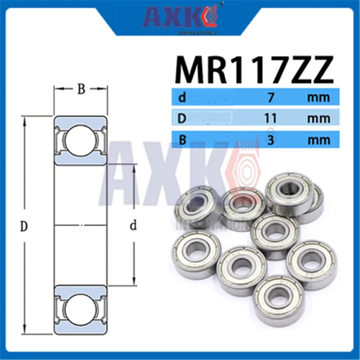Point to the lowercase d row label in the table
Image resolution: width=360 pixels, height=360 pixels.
[x=182, y=97]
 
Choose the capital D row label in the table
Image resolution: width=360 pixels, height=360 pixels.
[x=183, y=118]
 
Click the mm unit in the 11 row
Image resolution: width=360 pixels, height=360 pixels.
[x=319, y=118]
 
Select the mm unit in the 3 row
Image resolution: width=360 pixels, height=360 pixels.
[x=319, y=140]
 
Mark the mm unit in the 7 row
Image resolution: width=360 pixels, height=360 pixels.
[x=319, y=97]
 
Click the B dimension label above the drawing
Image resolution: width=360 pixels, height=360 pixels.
[x=81, y=89]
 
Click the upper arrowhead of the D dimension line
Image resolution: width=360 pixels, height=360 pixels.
[x=24, y=119]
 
